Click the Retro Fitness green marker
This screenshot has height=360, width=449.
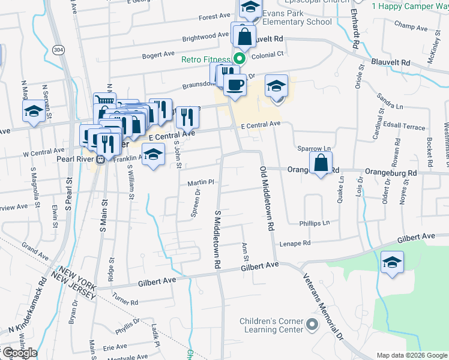pyautogui.click(x=239, y=59)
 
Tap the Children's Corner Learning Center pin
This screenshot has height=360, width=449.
pyautogui.click(x=312, y=325)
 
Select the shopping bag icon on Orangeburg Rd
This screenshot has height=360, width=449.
pyautogui.click(x=321, y=163)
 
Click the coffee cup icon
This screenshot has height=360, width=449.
pyautogui.click(x=235, y=84)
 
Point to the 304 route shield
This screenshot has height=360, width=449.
pyautogui.click(x=58, y=49)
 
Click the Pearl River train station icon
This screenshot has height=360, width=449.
pyautogui.click(x=101, y=160)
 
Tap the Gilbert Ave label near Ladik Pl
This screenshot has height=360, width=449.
pyautogui.click(x=157, y=280)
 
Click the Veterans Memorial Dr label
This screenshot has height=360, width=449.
pyautogui.click(x=322, y=303)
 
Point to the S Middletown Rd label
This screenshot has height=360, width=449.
pyautogui.click(x=218, y=240)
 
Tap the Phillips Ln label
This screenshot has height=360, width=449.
pyautogui.click(x=315, y=223)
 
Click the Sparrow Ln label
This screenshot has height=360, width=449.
pyautogui.click(x=314, y=148)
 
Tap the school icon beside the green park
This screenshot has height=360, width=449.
pyautogui.click(x=393, y=263)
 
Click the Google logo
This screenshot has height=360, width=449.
pyautogui.click(x=19, y=353)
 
